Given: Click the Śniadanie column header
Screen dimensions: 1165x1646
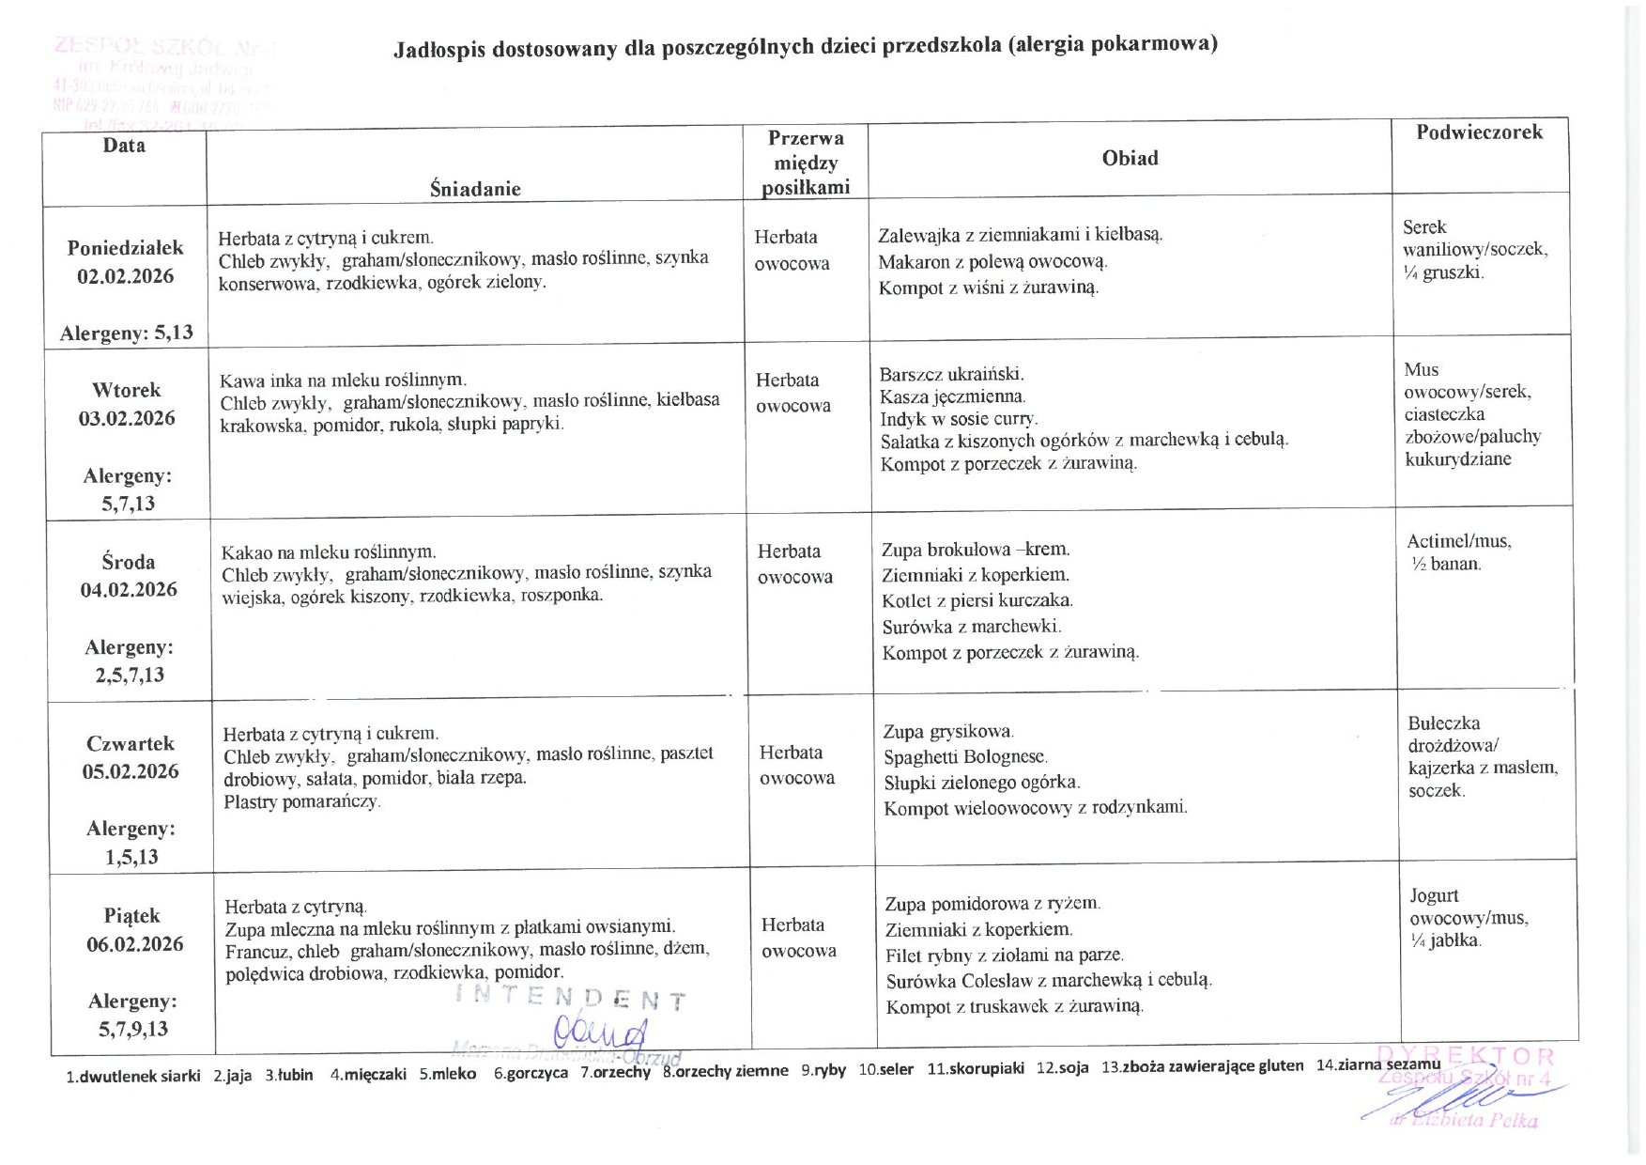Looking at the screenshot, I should [x=475, y=188].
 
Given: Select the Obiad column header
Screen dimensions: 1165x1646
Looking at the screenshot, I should [x=1130, y=158].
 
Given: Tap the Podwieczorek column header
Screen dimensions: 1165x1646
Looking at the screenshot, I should [x=1479, y=132].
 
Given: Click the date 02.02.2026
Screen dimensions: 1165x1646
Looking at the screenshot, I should [x=125, y=276].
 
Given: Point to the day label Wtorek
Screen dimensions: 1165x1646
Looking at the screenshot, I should [x=127, y=390].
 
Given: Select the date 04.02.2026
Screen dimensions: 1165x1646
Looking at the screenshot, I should [x=129, y=589].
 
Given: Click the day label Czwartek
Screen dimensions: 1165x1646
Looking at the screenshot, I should [x=131, y=743].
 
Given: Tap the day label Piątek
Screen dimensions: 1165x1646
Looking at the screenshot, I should [x=132, y=915].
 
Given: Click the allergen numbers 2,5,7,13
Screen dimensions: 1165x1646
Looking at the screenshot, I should [x=130, y=675].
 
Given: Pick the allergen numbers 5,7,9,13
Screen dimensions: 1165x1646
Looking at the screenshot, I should [x=133, y=1029].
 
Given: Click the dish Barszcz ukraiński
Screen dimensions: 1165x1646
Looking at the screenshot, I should [x=951, y=374].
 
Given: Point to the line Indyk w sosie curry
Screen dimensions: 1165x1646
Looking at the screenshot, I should [x=959, y=419].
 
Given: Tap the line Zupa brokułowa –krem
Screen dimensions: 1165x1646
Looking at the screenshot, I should [x=976, y=550].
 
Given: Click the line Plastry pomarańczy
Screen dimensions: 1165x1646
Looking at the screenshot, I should [x=301, y=802].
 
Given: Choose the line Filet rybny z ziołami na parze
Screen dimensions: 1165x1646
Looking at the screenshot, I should [x=1004, y=955].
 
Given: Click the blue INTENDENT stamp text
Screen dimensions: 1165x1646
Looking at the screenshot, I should [x=570, y=998].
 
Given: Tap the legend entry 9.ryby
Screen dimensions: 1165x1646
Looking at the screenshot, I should [x=823, y=1070].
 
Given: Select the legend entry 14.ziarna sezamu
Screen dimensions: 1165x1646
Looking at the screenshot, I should [x=1377, y=1064].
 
